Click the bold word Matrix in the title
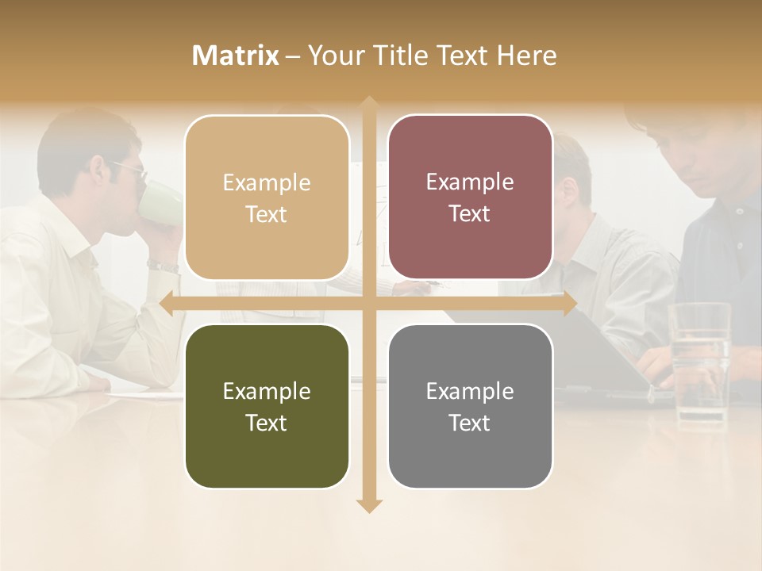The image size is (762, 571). click(x=236, y=56)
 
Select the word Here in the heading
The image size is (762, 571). click(x=527, y=56)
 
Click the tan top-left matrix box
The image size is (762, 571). click(x=267, y=197)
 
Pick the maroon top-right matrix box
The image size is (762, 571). click(x=470, y=197)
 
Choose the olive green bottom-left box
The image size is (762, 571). click(x=267, y=406)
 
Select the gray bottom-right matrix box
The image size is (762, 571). click(x=470, y=406)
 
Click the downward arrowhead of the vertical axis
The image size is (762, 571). click(x=369, y=505)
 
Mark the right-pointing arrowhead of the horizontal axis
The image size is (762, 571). click(x=569, y=304)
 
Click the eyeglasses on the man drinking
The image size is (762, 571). click(x=131, y=169)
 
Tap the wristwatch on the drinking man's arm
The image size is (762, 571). click(x=163, y=266)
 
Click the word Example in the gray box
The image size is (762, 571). click(x=470, y=391)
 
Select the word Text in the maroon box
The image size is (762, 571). click(x=470, y=214)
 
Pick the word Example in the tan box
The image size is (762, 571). click(x=267, y=182)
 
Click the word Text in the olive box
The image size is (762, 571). click(x=267, y=423)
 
